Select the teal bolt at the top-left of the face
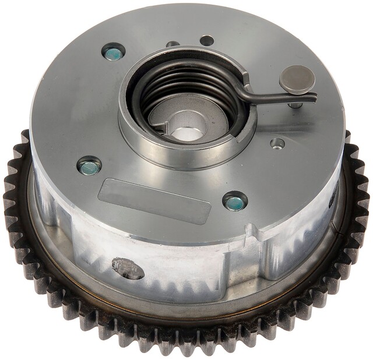pyautogui.click(x=112, y=54)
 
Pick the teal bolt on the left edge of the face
pyautogui.click(x=89, y=167)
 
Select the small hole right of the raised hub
pyautogui.click(x=278, y=143)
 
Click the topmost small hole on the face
pyautogui.click(x=207, y=41)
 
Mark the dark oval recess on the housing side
pyautogui.click(x=128, y=268)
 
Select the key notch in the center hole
pyautogui.click(x=175, y=125)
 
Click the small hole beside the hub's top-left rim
pyautogui.click(x=173, y=44)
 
